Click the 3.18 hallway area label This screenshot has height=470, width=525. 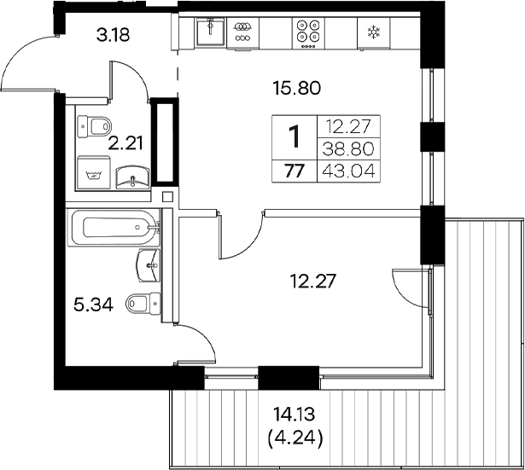[114, 36]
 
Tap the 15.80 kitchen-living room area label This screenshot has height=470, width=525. [295, 87]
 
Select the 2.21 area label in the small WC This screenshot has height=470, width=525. [125, 142]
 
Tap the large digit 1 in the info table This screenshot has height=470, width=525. [294, 136]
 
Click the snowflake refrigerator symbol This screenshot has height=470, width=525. [373, 33]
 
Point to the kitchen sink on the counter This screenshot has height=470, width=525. [208, 32]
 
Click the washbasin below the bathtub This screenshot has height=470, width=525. [149, 264]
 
